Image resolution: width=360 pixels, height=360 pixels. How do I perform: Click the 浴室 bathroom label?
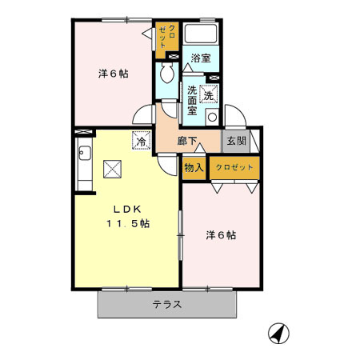pos(200,58)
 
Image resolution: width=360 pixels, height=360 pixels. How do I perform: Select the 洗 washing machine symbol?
pos(210,94)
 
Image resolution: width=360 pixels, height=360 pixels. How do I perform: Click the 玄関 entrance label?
pos(235,140)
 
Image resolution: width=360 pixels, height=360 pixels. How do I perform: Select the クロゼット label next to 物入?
pos(234,167)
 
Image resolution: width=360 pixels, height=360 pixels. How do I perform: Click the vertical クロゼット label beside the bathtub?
pos(168,37)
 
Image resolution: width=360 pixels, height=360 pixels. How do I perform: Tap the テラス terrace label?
pos(167,305)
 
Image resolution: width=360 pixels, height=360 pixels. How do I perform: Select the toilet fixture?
pos(166,75)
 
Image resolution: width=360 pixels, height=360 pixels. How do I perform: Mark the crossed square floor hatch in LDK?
pos(110,169)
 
